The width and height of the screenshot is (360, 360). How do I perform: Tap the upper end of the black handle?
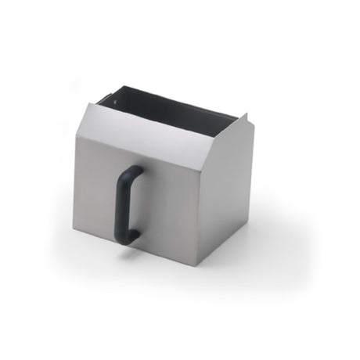(x=135, y=171)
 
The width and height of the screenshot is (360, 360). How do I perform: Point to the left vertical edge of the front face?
(x=75, y=180)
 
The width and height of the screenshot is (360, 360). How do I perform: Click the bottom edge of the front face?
(x=133, y=248)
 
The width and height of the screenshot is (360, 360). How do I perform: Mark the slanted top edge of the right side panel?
(x=226, y=132)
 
